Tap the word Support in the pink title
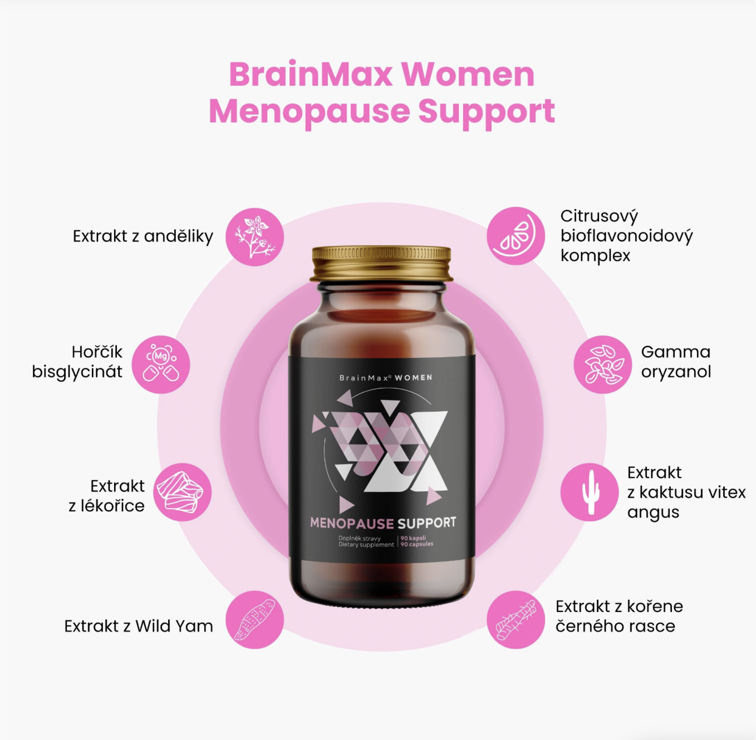tap(486, 111)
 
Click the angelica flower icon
tap(254, 237)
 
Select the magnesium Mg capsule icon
tap(161, 364)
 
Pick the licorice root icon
tap(182, 492)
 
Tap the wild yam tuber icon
tap(254, 619)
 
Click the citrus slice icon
tap(516, 236)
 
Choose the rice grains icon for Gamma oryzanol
tap(603, 364)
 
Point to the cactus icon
tap(590, 492)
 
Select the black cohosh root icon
tap(516, 619)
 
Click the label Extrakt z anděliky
tap(143, 236)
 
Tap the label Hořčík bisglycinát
tap(77, 362)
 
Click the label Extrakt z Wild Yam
tap(139, 626)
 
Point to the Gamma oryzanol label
tap(676, 362)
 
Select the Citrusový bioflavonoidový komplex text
tap(626, 236)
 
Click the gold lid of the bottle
tap(381, 263)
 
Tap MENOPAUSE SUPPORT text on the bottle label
tap(383, 523)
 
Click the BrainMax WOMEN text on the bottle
tap(386, 378)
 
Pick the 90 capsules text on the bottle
tap(416, 544)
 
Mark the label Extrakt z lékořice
tap(106, 496)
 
